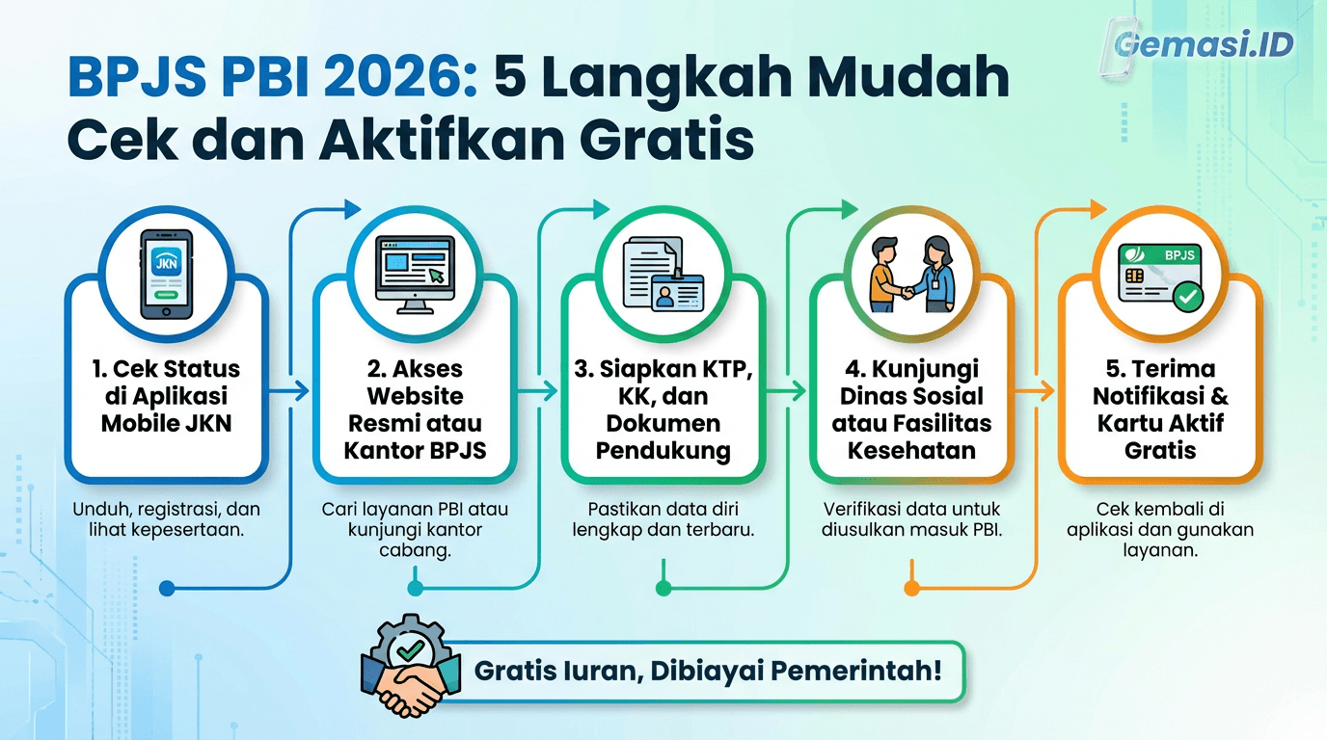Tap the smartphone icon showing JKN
[x=166, y=274]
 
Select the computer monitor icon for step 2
[x=414, y=274]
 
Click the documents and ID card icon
[x=663, y=274]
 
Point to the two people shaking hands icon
[x=911, y=274]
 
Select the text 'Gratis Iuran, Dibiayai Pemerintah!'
[x=707, y=671]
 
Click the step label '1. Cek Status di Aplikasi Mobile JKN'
[x=166, y=395]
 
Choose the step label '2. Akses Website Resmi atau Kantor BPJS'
[x=414, y=409]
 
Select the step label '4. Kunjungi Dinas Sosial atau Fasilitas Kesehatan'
[x=911, y=409]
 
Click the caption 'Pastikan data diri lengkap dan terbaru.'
[x=663, y=518]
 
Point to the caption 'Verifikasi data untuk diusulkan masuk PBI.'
[x=911, y=518]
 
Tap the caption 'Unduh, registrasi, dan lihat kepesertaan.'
[x=166, y=518]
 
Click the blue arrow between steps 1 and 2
[x=289, y=390]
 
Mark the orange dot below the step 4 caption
[x=911, y=588]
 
